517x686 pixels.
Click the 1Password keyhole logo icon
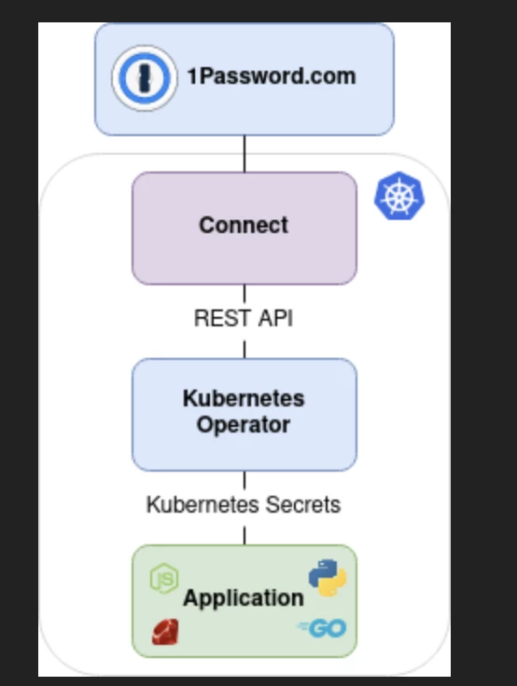tap(145, 78)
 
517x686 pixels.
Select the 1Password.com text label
tap(272, 76)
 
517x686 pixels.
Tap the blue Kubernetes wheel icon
tap(399, 196)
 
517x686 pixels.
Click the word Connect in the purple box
tap(244, 226)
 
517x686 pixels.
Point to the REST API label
tap(244, 318)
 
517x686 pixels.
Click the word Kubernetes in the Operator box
tap(244, 398)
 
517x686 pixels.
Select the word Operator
tap(244, 425)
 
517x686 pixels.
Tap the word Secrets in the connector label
tap(303, 504)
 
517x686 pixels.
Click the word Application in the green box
tap(244, 597)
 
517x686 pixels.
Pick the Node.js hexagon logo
tap(164, 579)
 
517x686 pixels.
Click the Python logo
tap(328, 578)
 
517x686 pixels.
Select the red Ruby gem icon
tap(165, 631)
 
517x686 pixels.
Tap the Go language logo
tap(322, 629)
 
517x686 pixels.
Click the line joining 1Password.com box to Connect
tap(245, 154)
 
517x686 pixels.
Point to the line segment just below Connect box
tap(245, 294)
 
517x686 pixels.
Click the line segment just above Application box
tap(245, 536)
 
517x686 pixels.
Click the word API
tap(275, 318)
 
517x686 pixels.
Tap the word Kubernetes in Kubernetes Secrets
tap(203, 504)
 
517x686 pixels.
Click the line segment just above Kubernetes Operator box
tap(245, 350)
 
